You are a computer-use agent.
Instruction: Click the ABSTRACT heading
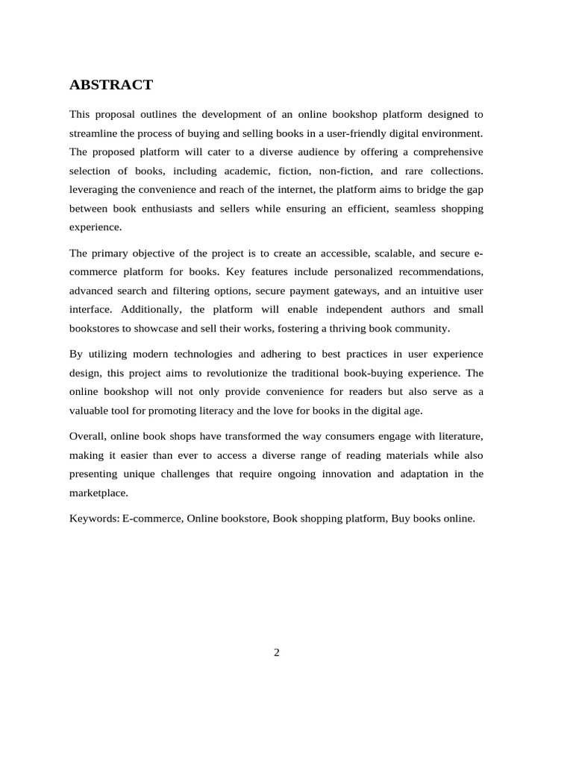point(111,85)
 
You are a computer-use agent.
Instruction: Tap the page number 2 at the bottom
point(277,653)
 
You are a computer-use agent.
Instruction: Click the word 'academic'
point(225,171)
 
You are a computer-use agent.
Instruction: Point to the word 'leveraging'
point(94,190)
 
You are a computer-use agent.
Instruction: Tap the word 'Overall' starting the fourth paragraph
point(87,436)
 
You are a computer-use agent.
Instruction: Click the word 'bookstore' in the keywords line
point(243,519)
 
